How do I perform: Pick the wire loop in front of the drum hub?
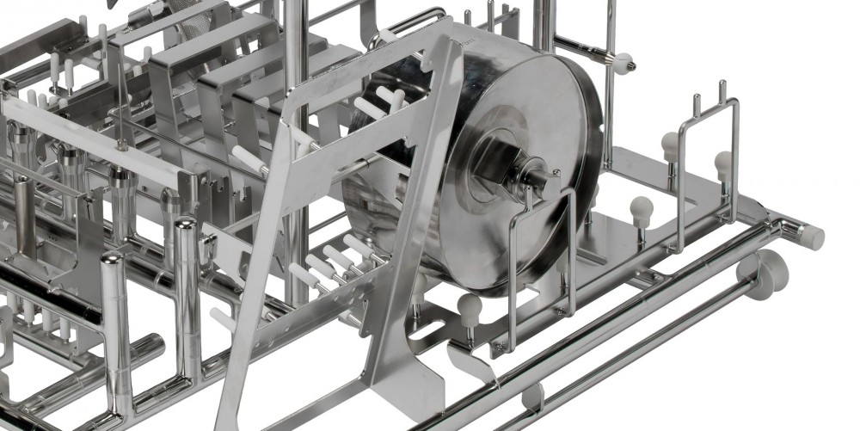click(x=543, y=249)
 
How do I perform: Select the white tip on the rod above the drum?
click(x=621, y=61)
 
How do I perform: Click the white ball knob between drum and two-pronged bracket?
click(x=640, y=207)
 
